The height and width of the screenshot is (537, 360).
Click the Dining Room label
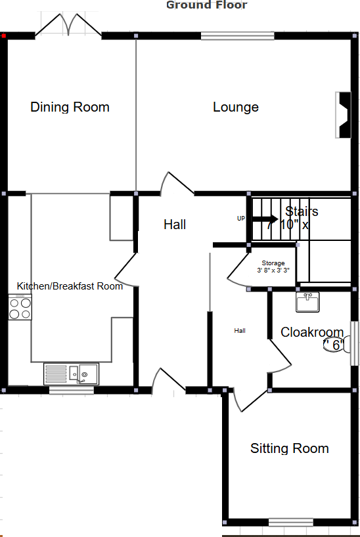[70, 107]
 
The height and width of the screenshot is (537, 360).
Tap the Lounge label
[235, 107]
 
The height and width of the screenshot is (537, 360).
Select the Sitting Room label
[289, 448]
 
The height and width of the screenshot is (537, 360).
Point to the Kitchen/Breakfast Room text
[70, 286]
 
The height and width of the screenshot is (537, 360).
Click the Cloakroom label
[312, 332]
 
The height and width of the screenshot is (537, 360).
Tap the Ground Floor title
[206, 5]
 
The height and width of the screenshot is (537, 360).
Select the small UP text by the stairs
[241, 218]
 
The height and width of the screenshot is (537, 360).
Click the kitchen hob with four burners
[20, 307]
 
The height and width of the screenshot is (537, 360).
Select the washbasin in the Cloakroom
[307, 302]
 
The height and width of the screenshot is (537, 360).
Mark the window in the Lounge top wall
[237, 36]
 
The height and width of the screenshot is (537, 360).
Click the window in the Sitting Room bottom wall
[290, 523]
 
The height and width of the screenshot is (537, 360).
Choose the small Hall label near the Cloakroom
[240, 331]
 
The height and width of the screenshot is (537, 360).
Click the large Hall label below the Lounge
[175, 225]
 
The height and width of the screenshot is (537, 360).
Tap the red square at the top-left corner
[4, 36]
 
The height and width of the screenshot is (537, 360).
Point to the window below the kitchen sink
[71, 391]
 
